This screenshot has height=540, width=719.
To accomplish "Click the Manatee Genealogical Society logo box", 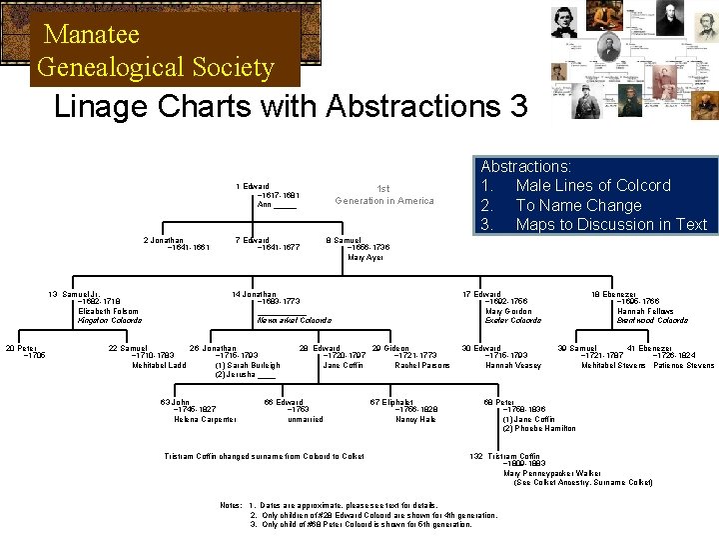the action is click(165, 50).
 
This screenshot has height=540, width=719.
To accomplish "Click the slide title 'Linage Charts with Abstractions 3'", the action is click(284, 106).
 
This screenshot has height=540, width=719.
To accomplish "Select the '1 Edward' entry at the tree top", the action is click(252, 186).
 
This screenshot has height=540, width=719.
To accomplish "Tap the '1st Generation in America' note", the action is click(384, 194).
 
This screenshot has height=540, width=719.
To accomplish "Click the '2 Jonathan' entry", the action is click(165, 240).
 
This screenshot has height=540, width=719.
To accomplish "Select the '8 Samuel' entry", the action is click(344, 240).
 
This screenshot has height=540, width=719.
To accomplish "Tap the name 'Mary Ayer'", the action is click(365, 258).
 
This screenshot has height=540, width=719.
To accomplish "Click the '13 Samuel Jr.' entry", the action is click(76, 294).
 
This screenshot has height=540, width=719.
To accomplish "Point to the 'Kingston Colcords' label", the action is click(109, 320).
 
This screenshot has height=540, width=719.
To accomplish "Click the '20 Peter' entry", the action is click(21, 348).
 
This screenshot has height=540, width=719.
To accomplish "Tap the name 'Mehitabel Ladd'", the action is click(159, 365).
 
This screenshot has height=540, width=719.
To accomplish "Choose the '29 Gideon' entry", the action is click(389, 348).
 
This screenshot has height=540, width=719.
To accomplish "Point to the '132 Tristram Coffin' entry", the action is click(509, 456).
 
